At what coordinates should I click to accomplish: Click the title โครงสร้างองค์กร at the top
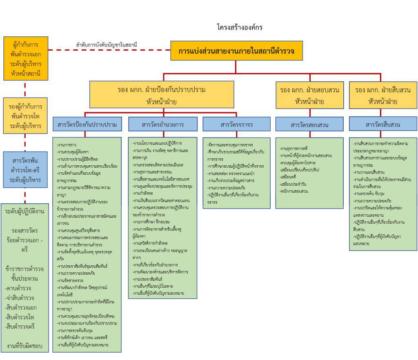click(240, 27)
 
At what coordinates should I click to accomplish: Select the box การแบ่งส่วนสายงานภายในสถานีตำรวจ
click(236, 51)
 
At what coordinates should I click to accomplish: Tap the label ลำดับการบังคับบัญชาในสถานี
click(107, 44)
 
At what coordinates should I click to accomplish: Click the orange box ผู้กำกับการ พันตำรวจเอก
click(26, 58)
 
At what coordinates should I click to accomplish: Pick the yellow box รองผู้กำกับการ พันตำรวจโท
click(25, 116)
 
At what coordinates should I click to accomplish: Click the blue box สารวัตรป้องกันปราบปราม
click(87, 124)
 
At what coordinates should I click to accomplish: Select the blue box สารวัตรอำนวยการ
click(163, 124)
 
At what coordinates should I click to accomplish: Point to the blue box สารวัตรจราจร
click(236, 124)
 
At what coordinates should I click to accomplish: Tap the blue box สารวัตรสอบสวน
click(309, 124)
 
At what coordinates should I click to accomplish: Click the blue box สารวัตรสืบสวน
click(382, 124)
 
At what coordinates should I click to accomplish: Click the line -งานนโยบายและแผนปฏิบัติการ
click(158, 143)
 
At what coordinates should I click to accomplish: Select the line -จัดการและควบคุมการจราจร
click(230, 144)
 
